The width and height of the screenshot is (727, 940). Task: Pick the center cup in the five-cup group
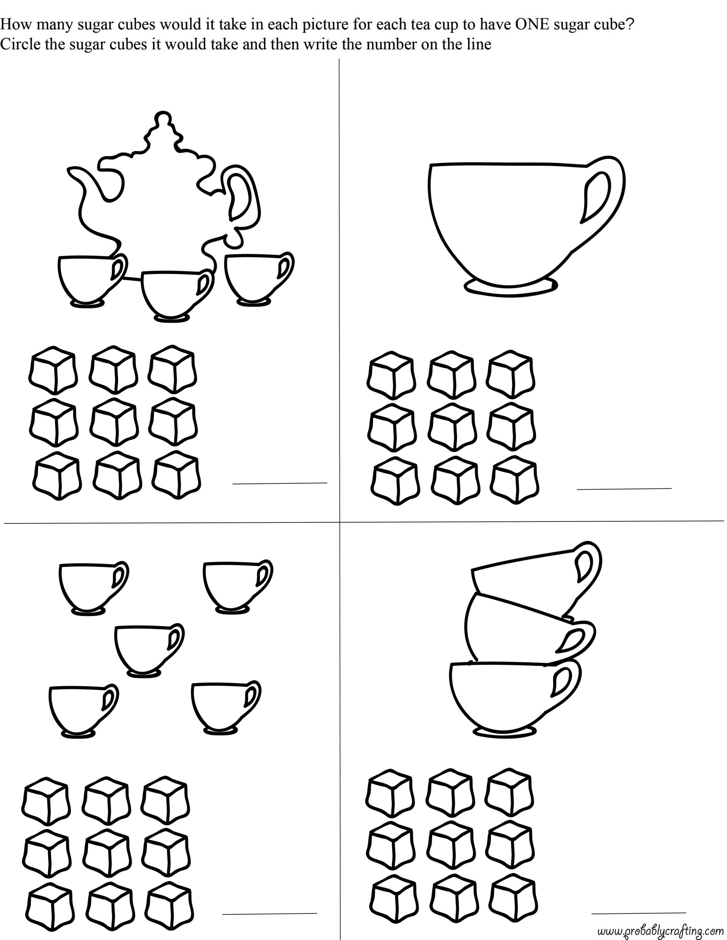pos(149,650)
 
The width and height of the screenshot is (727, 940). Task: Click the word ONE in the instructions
pos(532,25)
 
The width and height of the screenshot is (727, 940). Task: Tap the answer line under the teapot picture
pos(280,483)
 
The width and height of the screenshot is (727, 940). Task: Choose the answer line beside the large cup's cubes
pos(624,488)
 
